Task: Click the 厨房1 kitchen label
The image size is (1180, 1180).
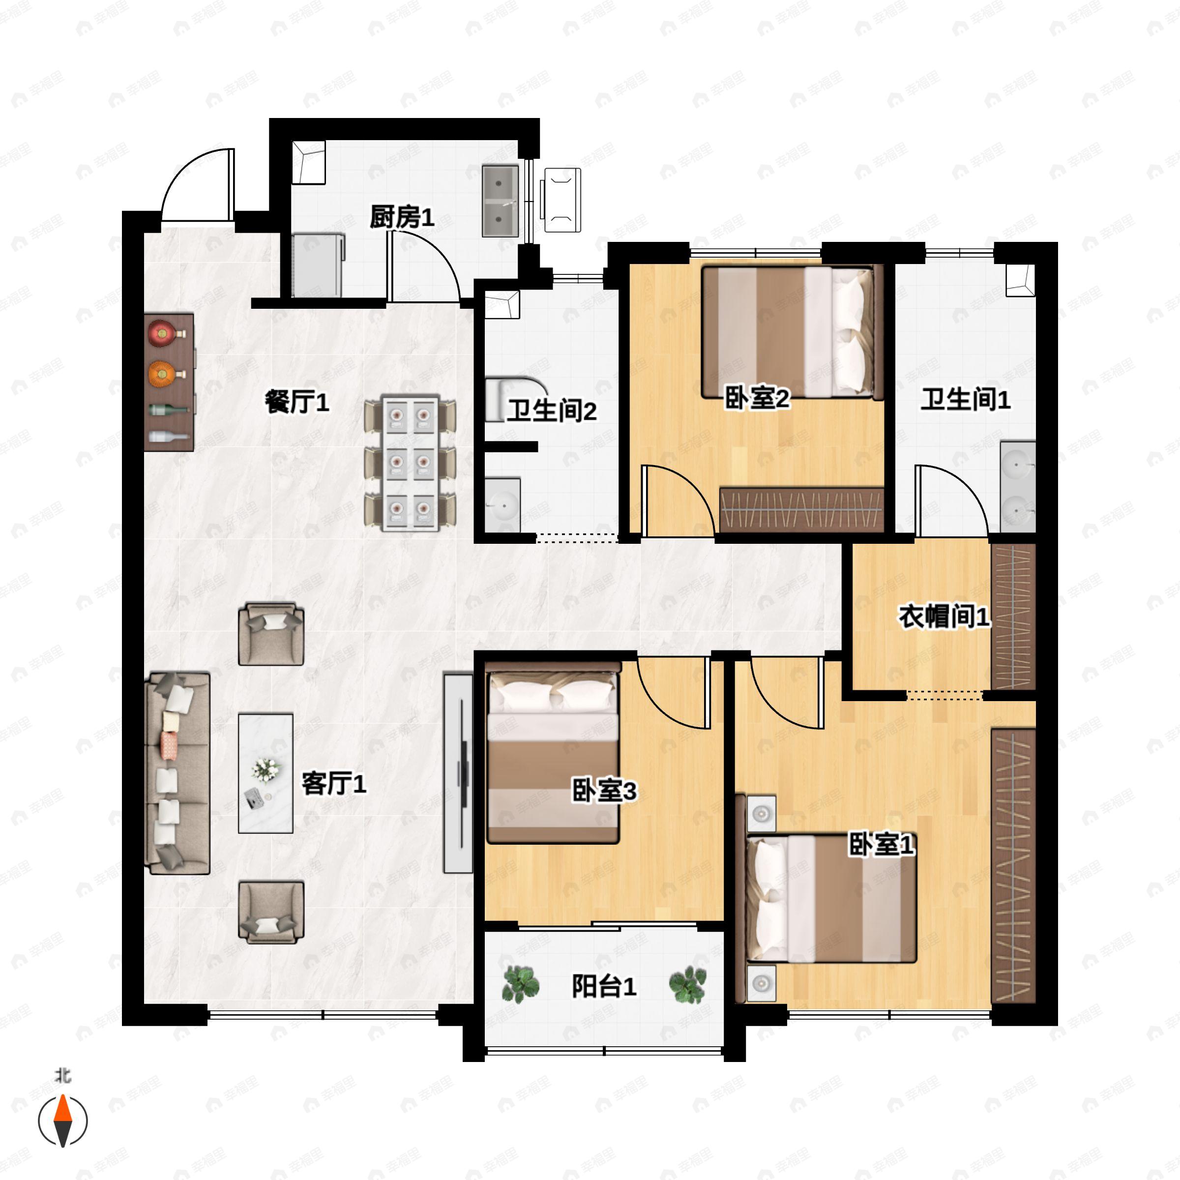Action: [402, 217]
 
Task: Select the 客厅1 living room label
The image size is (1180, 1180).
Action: [334, 784]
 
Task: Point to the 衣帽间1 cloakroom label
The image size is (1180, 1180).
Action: [944, 617]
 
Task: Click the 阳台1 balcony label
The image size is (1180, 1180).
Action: [604, 986]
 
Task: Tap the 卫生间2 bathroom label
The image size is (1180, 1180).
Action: [552, 411]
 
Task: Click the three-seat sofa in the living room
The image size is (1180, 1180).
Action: [177, 773]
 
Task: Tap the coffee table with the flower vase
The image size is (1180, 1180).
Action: [265, 773]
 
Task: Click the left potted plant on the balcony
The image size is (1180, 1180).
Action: [520, 984]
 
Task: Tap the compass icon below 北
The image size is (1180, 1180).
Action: [63, 1121]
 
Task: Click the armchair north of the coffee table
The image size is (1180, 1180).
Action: [271, 634]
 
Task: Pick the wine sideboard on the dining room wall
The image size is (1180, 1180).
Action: [169, 383]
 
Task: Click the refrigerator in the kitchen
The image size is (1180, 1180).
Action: [318, 265]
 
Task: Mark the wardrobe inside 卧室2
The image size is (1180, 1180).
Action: [802, 509]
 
